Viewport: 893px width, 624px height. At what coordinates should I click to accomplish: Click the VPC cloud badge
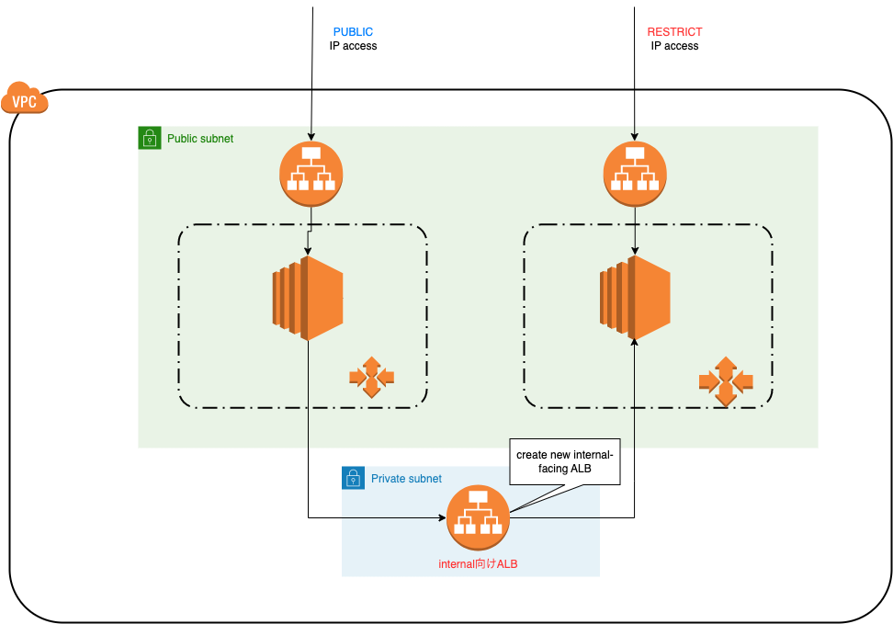point(25,98)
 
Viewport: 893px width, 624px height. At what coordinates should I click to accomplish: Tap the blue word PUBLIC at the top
point(353,32)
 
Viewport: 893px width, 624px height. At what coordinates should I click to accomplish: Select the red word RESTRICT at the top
point(674,32)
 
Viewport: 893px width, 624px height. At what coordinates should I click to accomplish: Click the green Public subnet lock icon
point(150,139)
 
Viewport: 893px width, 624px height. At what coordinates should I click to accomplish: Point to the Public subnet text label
point(200,139)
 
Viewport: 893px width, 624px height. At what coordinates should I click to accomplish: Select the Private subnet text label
point(406,479)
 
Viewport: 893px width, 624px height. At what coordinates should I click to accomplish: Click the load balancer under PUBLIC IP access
point(311,173)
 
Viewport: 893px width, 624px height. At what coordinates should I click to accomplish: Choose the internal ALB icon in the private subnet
point(478,517)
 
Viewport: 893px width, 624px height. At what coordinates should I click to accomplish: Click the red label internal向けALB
point(478,564)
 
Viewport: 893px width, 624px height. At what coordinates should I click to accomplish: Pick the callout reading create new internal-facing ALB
point(566,461)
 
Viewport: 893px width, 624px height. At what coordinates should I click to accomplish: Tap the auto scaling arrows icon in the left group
point(371,376)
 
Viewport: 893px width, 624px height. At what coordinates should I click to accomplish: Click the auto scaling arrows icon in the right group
point(725,380)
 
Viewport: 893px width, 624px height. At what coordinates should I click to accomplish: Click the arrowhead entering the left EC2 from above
point(307,250)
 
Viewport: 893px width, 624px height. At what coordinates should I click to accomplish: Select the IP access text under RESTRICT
point(674,46)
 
